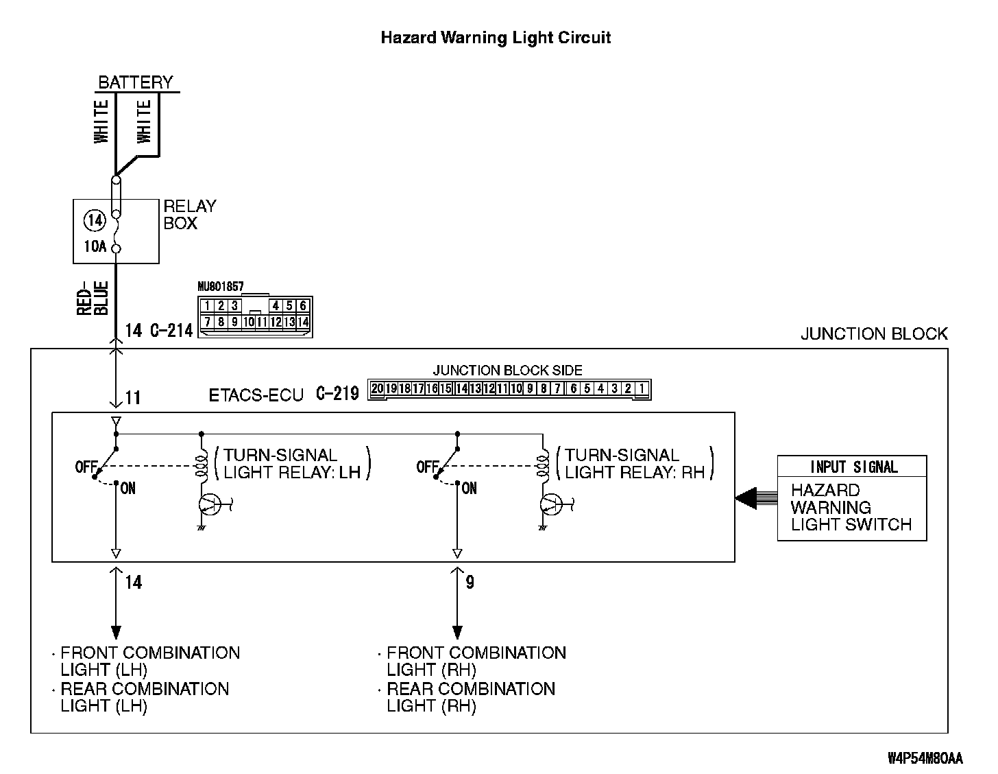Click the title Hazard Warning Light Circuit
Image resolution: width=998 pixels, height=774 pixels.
(495, 37)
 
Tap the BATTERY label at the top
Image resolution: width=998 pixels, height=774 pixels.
(135, 82)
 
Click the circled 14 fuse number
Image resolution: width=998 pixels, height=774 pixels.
(95, 220)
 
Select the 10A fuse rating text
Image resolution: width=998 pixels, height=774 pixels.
(95, 246)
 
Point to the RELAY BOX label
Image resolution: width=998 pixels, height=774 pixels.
(190, 215)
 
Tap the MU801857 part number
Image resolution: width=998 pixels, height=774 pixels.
(220, 287)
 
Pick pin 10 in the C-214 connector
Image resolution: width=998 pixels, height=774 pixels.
(249, 321)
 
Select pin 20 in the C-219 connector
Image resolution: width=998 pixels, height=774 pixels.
(376, 389)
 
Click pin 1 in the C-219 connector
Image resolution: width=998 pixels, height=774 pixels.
(641, 389)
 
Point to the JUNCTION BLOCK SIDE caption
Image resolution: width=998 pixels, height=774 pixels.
(507, 371)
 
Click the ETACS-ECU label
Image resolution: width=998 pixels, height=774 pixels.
(256, 395)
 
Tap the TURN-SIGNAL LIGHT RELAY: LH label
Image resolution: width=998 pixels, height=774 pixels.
(292, 463)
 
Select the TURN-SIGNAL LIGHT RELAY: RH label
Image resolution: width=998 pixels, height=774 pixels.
(635, 463)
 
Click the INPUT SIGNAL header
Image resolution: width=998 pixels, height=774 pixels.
(852, 467)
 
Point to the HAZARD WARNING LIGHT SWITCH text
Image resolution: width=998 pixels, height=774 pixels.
(851, 508)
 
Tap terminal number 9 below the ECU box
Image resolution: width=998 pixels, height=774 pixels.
(470, 583)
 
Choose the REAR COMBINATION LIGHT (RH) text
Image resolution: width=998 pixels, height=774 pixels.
(470, 697)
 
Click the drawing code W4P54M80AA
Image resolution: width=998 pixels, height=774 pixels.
(925, 758)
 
